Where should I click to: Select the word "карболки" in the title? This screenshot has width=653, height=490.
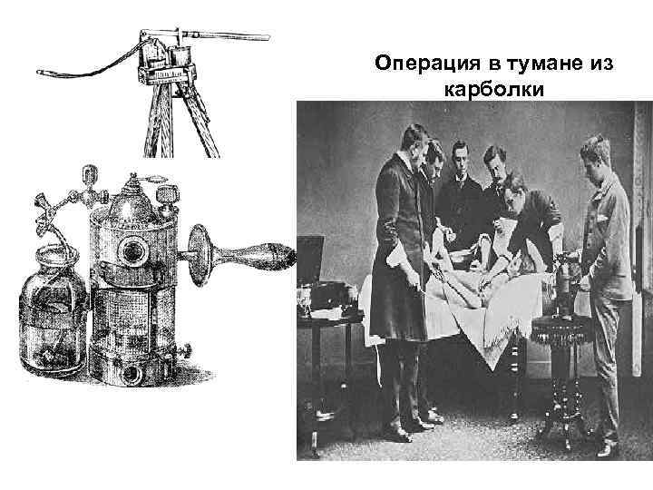(x=494, y=90)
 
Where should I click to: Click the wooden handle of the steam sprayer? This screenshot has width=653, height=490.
(x=254, y=254)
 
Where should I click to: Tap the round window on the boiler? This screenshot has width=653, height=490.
(x=133, y=250)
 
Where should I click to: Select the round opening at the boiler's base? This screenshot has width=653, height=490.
(x=132, y=373)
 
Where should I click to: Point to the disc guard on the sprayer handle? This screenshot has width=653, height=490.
(x=200, y=255)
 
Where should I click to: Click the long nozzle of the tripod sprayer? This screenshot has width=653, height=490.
(x=225, y=35)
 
